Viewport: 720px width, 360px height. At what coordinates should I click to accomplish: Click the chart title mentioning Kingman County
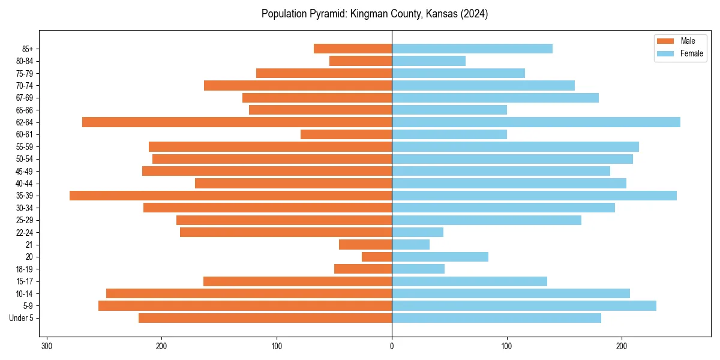click(x=374, y=14)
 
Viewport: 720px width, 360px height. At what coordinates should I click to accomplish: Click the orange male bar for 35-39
click(x=230, y=196)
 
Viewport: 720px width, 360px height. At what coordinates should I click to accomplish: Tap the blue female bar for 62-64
click(x=536, y=122)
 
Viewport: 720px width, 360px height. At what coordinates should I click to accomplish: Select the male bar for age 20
click(x=377, y=257)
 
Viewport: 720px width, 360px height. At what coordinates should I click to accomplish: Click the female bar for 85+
click(x=472, y=49)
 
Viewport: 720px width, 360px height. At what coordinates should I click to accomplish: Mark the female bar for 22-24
click(x=418, y=232)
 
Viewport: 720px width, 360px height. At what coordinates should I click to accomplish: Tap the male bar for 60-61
click(x=346, y=134)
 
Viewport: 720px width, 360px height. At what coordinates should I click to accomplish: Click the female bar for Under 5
click(x=496, y=318)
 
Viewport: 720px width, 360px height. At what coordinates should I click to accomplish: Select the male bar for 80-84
click(x=361, y=61)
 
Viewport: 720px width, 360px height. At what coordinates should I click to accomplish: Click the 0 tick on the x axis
click(x=392, y=346)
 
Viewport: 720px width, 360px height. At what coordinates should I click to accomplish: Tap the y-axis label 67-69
click(x=24, y=98)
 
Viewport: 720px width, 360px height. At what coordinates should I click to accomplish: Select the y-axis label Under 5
click(x=21, y=318)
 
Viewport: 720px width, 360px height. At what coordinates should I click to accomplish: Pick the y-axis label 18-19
click(x=24, y=269)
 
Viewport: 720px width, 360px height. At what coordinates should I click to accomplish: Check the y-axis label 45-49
click(x=24, y=171)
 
